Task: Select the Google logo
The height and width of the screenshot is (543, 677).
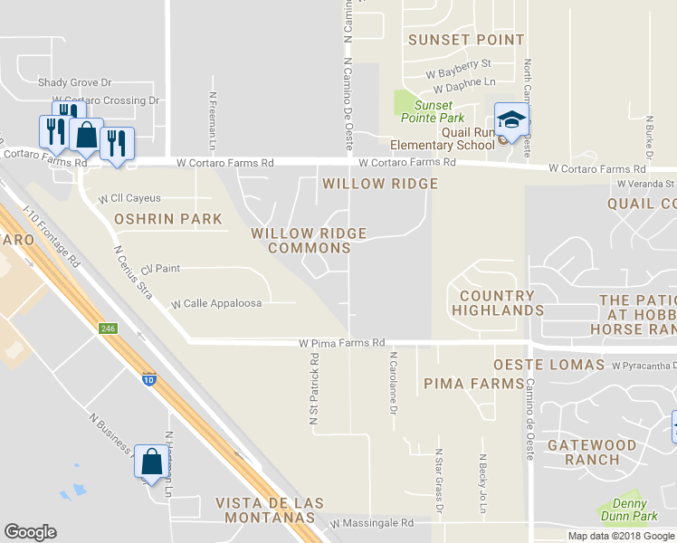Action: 30,532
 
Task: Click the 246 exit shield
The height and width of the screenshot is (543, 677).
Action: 109,329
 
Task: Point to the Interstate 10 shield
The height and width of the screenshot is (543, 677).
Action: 148,380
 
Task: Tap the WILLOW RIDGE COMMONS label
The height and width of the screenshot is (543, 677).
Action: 309,240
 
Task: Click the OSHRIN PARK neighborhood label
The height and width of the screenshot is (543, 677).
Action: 168,219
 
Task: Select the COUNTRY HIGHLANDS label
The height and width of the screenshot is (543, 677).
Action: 498,303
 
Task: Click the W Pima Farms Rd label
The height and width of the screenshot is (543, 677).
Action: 343,344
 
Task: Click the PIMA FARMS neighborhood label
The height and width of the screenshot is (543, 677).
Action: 473,384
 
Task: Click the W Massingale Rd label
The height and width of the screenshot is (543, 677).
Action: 371,523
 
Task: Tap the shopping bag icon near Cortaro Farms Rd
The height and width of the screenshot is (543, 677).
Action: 86,134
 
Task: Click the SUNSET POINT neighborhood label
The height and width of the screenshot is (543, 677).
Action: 466,40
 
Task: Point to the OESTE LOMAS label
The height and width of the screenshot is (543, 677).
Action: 548,365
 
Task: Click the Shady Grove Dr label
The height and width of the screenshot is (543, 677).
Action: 74,82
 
